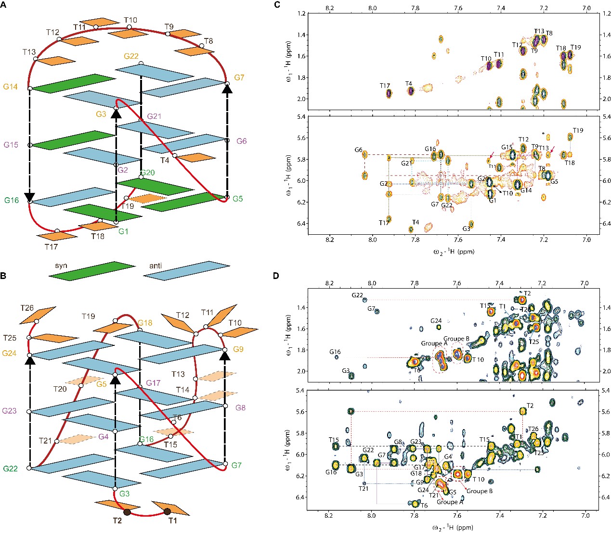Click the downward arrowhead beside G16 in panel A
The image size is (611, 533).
pyautogui.click(x=29, y=196)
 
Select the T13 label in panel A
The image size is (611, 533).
pyautogui.click(x=29, y=51)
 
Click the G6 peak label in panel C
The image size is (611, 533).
pyautogui.click(x=358, y=150)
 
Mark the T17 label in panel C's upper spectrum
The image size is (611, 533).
pyautogui.click(x=384, y=86)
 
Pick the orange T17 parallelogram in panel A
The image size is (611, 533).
pyautogui.click(x=57, y=236)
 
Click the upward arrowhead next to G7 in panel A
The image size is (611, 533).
pyautogui.click(x=227, y=87)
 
